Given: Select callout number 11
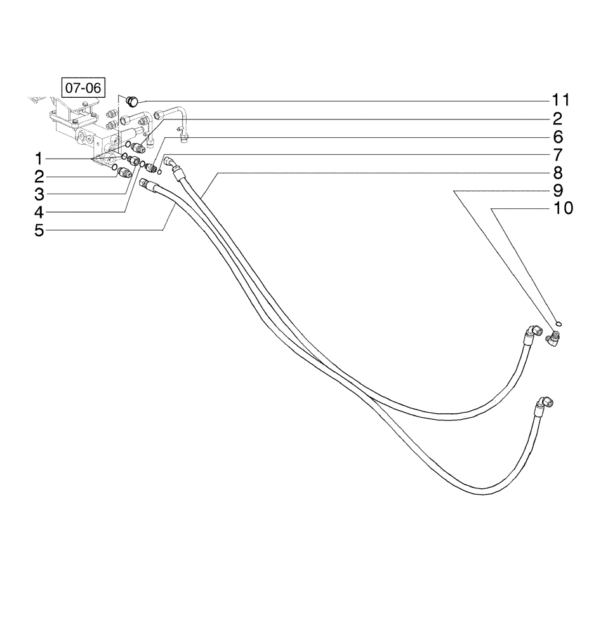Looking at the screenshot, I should (560, 100).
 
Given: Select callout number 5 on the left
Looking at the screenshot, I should (39, 231).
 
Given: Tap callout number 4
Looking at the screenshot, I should (39, 212).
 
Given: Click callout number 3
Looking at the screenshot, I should (39, 194).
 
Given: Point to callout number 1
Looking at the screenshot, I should (39, 157).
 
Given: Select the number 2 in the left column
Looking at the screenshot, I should (39, 176).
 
